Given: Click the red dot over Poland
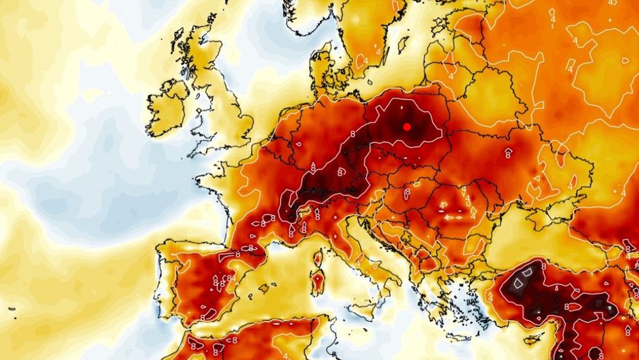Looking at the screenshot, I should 406,126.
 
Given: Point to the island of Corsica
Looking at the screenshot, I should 317,260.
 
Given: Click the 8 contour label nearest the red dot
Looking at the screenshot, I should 401,107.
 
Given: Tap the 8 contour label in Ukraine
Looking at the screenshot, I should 508,153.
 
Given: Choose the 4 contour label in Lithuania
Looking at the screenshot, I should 450,67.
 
